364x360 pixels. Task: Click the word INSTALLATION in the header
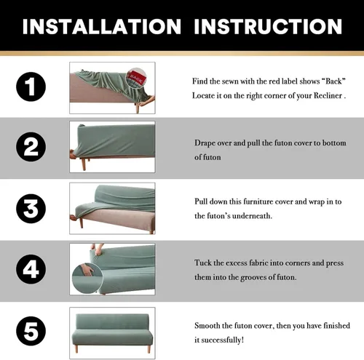pyautogui.click(x=102, y=26)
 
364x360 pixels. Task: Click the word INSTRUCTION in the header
pyautogui.click(x=268, y=26)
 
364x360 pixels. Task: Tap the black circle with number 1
pyautogui.click(x=31, y=87)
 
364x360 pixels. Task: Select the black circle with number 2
pyautogui.click(x=31, y=147)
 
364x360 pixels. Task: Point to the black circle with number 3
pyautogui.click(x=31, y=209)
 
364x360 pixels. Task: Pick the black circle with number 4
pyautogui.click(x=31, y=269)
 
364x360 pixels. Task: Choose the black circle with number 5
pyautogui.click(x=31, y=331)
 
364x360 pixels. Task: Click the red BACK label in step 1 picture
pyautogui.click(x=137, y=77)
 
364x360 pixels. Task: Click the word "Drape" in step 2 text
pyautogui.click(x=205, y=143)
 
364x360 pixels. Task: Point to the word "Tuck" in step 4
pyautogui.click(x=203, y=263)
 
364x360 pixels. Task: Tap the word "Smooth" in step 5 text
pyautogui.click(x=207, y=325)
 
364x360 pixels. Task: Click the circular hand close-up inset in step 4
pyautogui.click(x=87, y=279)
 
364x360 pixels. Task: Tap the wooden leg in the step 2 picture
pyautogui.click(x=84, y=164)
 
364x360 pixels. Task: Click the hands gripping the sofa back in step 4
pyautogui.click(x=98, y=249)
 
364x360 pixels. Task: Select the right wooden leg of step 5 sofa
pyautogui.click(x=149, y=349)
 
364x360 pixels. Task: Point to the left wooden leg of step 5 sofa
pyautogui.click(x=76, y=349)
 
